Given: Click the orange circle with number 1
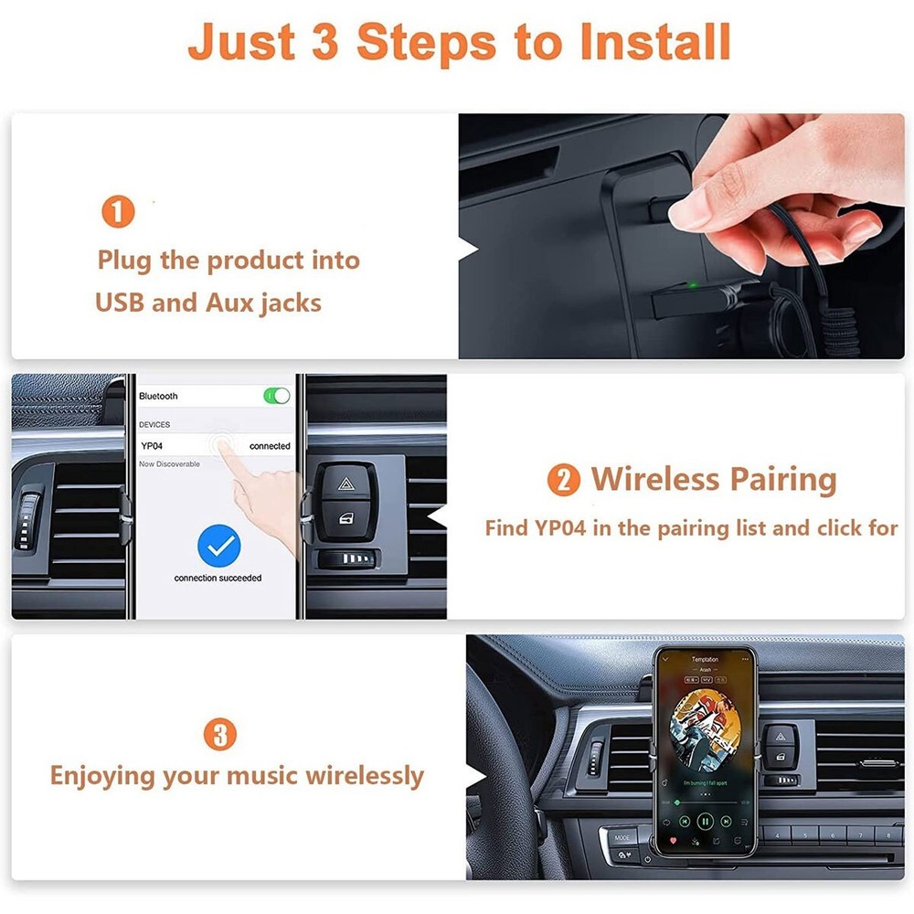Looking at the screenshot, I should [118, 212].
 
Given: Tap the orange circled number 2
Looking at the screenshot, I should [563, 480].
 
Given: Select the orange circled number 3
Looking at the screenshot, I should [219, 734].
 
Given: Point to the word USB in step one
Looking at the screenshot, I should [120, 303].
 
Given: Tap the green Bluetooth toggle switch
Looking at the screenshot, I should [276, 396].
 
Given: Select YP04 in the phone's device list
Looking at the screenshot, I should [152, 446].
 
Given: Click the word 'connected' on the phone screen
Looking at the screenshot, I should [270, 446].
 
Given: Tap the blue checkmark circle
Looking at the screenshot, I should [218, 547].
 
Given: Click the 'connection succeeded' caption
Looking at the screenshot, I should [218, 578].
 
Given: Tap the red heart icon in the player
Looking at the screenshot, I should [673, 839].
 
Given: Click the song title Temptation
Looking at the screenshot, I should [705, 659].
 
